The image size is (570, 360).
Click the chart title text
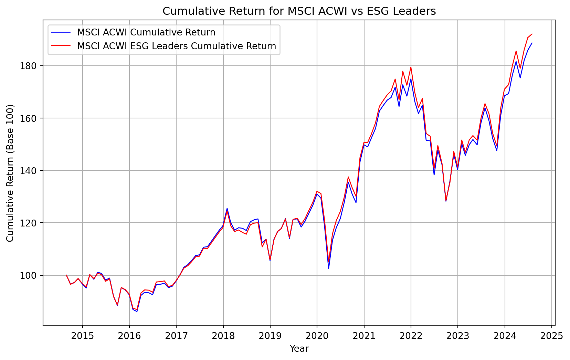(x=299, y=11)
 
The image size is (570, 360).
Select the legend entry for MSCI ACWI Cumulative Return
(x=146, y=32)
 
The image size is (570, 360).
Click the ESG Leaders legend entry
(x=177, y=46)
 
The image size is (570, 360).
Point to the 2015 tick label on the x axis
(x=82, y=336)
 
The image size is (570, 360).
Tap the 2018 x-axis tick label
(x=223, y=336)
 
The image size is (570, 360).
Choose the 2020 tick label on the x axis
(x=317, y=336)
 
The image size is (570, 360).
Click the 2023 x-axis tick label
(x=457, y=336)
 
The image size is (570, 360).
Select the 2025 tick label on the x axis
(x=551, y=336)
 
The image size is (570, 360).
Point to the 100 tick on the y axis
(x=32, y=275)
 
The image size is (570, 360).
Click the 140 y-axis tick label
(x=32, y=171)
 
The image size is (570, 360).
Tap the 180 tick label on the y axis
(x=32, y=66)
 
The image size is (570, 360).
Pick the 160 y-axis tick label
(x=32, y=118)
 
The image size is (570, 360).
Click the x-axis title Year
(x=299, y=349)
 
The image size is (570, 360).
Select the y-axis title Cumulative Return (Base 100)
(x=10, y=173)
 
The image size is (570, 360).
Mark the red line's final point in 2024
(x=532, y=34)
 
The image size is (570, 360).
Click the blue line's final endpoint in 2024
(x=532, y=43)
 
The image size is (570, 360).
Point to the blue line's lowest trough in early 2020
(x=329, y=268)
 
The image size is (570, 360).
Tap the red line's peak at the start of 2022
(x=411, y=67)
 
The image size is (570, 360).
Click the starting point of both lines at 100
(x=66, y=275)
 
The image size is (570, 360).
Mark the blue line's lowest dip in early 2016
(x=137, y=311)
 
